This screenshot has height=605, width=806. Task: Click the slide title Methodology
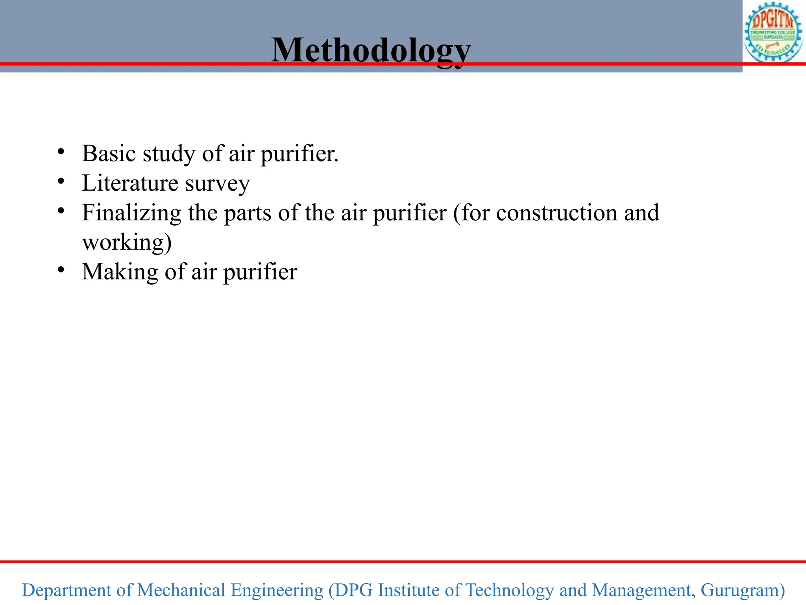coord(371,50)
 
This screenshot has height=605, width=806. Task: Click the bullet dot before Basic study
coord(61,152)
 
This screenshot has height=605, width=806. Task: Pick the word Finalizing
coord(131,213)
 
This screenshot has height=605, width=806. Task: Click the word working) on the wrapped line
coord(127,243)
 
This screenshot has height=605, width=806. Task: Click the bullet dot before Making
coord(61,270)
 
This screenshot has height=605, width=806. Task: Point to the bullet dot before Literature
coord(61,182)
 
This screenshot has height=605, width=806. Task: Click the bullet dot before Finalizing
coord(61,211)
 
